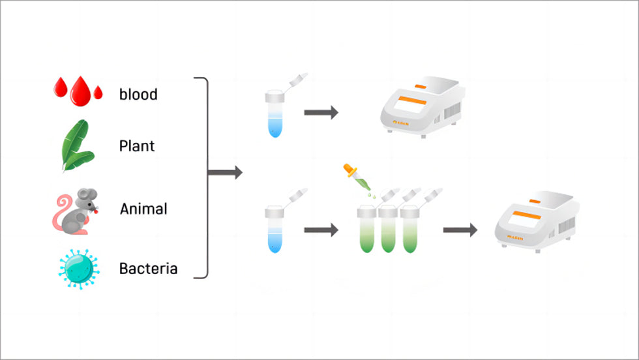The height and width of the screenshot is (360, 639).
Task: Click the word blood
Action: tap(138, 95)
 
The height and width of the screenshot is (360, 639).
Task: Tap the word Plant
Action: tap(137, 146)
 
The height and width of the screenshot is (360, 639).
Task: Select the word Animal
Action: tap(143, 209)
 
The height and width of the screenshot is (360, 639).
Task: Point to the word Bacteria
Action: tap(148, 268)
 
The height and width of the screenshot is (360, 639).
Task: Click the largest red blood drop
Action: tap(80, 91)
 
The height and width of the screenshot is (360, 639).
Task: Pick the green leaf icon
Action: tap(74, 145)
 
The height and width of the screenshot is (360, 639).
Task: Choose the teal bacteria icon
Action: tap(78, 268)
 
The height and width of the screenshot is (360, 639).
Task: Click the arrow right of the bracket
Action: tap(225, 173)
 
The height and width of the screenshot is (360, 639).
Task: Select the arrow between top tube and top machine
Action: tap(321, 113)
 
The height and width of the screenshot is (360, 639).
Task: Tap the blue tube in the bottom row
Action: tap(274, 231)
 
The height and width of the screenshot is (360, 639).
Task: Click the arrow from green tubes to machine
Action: tap(460, 230)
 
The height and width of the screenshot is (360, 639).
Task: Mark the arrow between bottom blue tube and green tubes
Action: tap(321, 230)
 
